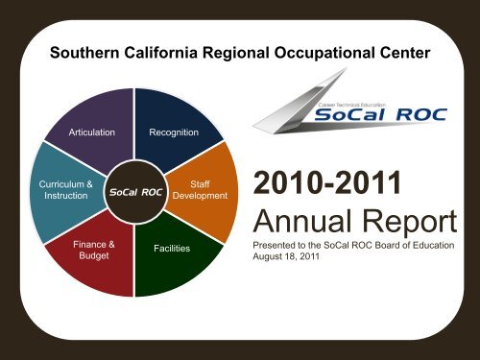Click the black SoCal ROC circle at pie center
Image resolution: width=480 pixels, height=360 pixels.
click(x=134, y=192)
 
